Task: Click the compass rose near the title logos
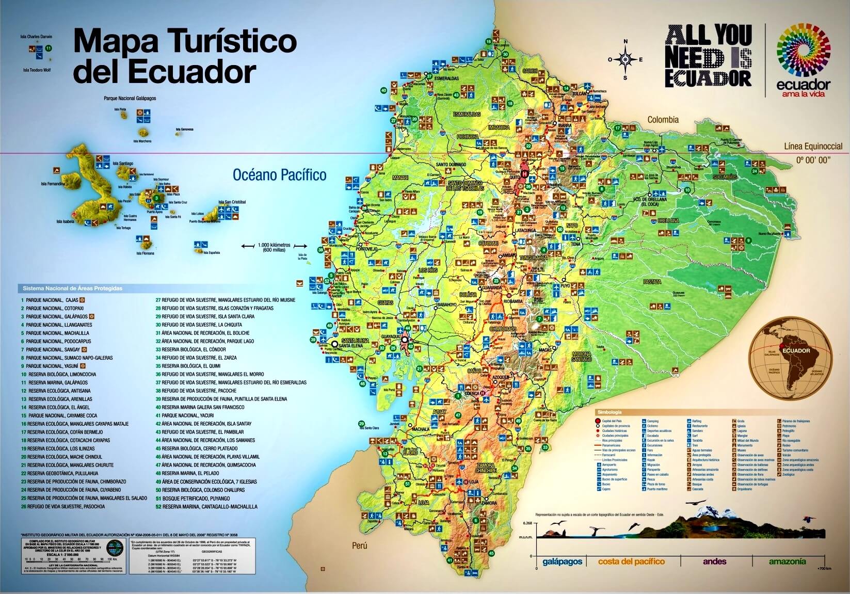(x=626, y=59)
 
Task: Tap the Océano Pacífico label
(x=279, y=175)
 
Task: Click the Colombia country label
(x=663, y=120)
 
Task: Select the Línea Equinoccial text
(x=813, y=147)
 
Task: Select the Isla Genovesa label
(x=184, y=129)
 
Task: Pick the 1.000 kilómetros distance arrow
(x=274, y=247)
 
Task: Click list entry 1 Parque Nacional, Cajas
(x=52, y=300)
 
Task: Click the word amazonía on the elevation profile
(x=787, y=561)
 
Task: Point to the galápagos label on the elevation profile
(x=562, y=561)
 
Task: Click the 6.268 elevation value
(x=527, y=523)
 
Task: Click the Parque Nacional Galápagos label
(x=130, y=98)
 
